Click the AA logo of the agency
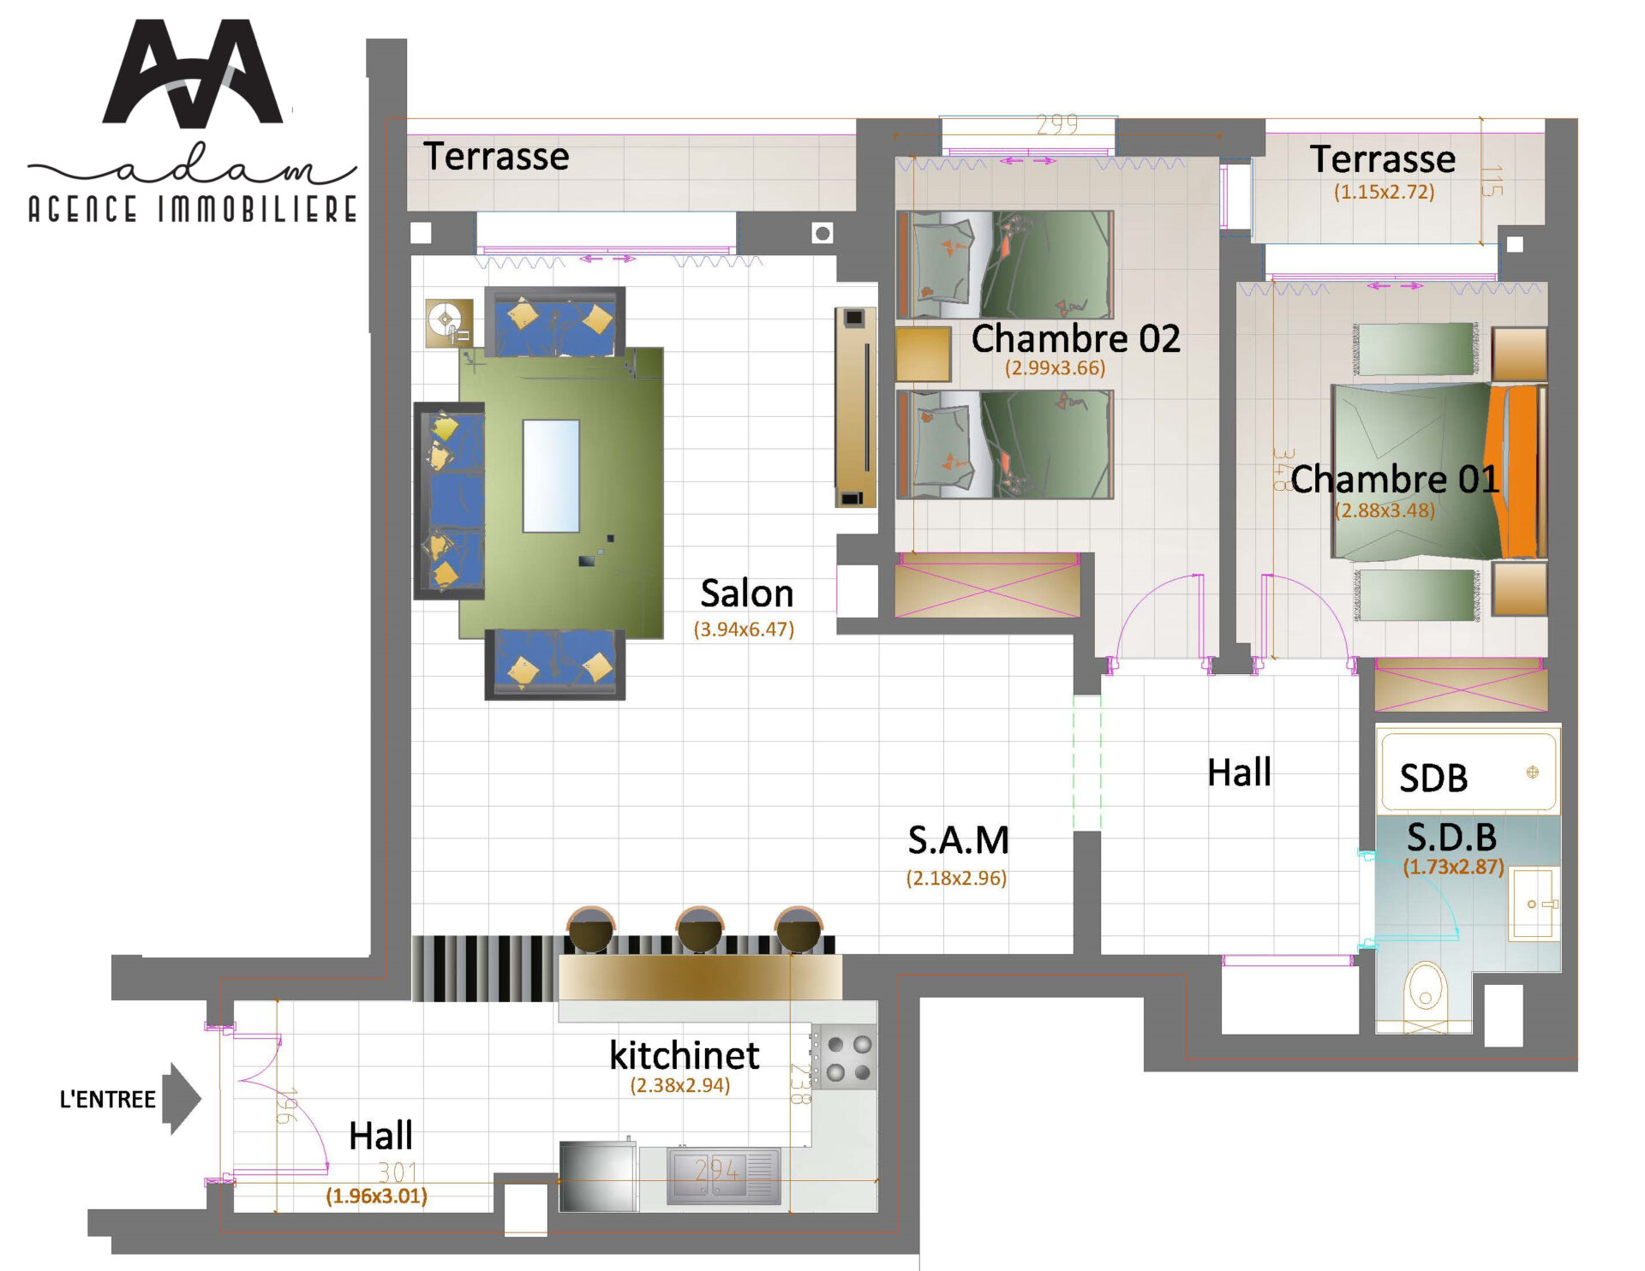[193, 75]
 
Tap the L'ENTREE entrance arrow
[182, 1099]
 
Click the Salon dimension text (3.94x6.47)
[744, 630]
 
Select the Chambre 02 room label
[1075, 339]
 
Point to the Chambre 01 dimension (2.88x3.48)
[1385, 510]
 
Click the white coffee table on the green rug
[551, 476]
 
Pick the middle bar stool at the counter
[700, 930]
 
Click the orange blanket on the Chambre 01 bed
[1517, 472]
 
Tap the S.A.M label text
[958, 841]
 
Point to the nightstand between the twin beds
[923, 354]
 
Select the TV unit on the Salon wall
[855, 408]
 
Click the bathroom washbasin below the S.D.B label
[1534, 904]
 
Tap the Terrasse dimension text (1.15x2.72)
[1384, 192]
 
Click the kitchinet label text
[684, 1056]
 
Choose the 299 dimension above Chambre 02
[1056, 125]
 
